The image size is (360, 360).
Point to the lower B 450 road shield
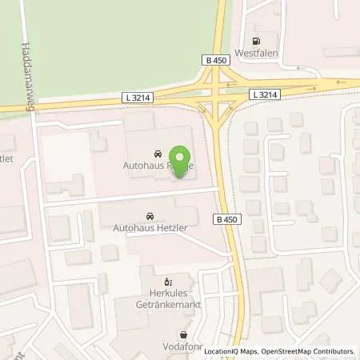(226, 218)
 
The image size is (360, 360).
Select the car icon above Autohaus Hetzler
(150, 216)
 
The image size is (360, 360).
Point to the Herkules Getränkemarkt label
(166, 300)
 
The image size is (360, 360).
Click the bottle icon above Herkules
(166, 282)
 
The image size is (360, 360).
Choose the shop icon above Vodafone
(185, 335)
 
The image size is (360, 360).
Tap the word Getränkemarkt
(166, 306)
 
